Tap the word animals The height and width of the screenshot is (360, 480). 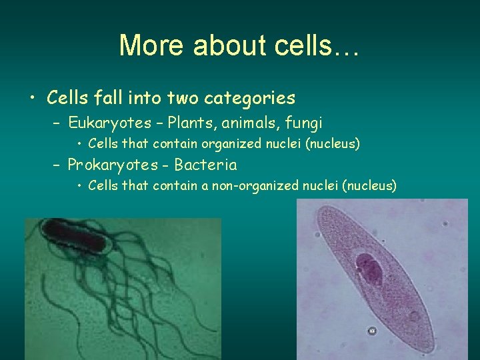pos(247,123)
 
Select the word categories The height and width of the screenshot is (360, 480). pos(251,98)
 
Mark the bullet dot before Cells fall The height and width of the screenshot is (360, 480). pos(32,99)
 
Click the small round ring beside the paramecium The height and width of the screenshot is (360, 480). pos(372,331)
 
